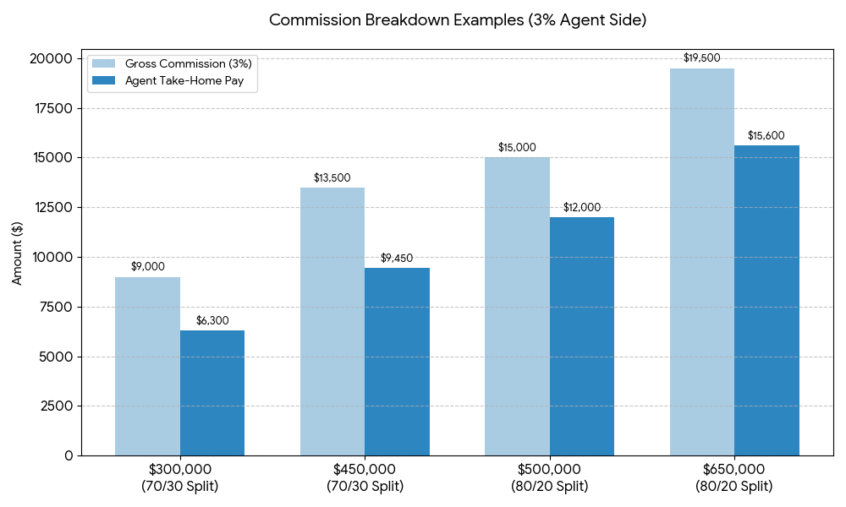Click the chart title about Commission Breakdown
tap(458, 20)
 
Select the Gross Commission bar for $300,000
tap(147, 366)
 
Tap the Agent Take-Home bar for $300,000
tap(212, 393)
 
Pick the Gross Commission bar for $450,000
tap(332, 321)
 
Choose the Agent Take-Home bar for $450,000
tap(397, 362)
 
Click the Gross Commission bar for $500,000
tap(517, 306)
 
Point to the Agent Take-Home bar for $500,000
tap(582, 336)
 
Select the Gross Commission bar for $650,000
tap(702, 262)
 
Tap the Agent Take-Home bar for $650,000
tap(766, 300)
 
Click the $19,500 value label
tap(702, 57)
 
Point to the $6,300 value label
tap(212, 320)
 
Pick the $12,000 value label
tap(582, 207)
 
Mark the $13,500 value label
tap(332, 177)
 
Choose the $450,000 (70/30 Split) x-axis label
tap(365, 477)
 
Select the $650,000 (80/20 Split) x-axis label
tap(733, 477)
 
